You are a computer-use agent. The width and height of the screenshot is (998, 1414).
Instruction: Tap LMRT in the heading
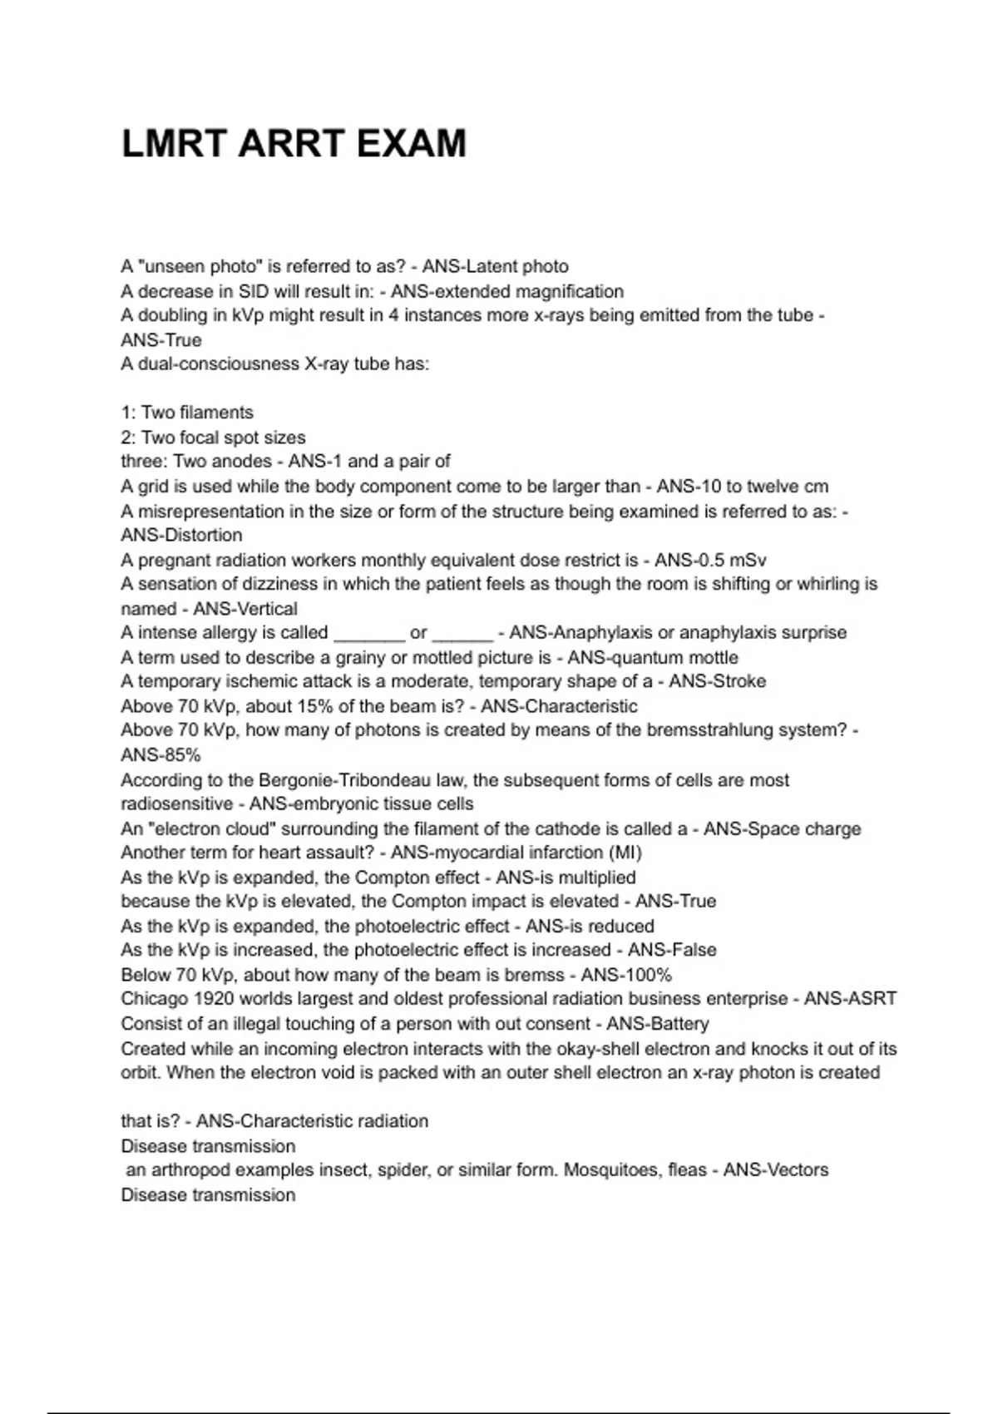click(174, 144)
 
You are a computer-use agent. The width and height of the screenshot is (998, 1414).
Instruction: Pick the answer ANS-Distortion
click(181, 535)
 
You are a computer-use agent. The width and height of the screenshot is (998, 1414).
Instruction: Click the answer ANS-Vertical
click(245, 608)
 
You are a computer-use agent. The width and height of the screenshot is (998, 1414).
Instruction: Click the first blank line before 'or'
click(368, 634)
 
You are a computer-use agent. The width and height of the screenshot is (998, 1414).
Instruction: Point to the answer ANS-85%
click(161, 754)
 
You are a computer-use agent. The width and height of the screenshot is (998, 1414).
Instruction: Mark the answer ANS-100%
click(626, 975)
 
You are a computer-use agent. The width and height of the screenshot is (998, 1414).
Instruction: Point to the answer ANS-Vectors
click(775, 1169)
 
